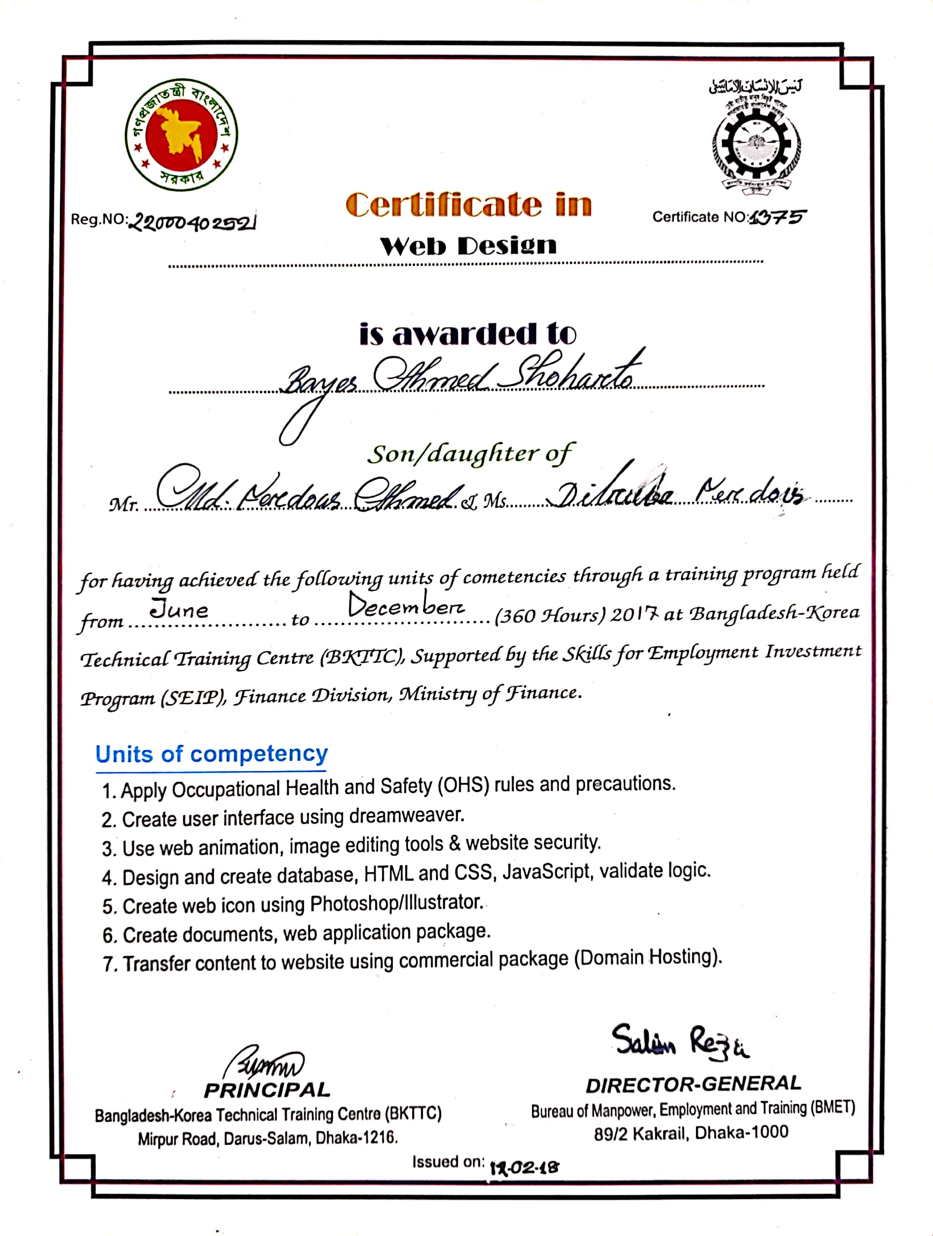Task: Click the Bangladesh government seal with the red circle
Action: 181,135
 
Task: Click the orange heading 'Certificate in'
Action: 468,205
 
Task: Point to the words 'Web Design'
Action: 468,245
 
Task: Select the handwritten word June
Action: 179,609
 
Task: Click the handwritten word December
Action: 405,606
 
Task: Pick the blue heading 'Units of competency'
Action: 211,754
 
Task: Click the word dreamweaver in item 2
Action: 407,816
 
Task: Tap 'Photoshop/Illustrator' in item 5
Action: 396,903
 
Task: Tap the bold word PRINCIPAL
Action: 267,1089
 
